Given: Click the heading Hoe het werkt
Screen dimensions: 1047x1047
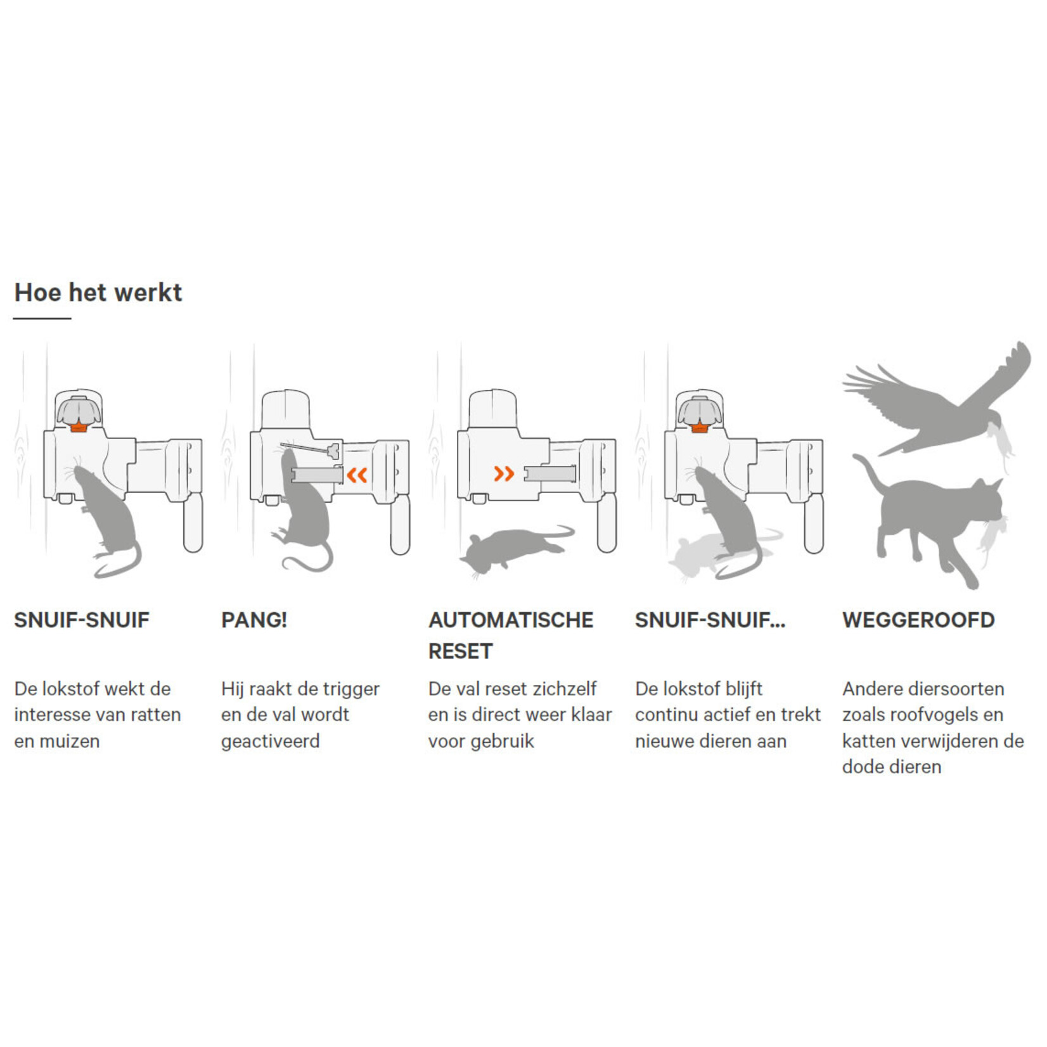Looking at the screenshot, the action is tap(98, 293).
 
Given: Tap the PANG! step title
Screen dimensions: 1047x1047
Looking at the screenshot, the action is tap(254, 620).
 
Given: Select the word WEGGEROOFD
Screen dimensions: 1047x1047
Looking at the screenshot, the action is tap(918, 620).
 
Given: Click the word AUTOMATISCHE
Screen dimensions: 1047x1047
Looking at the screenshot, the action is tap(511, 620).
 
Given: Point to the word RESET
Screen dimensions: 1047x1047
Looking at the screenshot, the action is tap(460, 651).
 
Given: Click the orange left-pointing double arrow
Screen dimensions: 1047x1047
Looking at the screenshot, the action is tap(357, 474).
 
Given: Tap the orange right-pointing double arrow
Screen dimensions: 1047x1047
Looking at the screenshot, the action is tap(504, 473).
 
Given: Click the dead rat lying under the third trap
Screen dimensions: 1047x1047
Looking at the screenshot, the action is tap(517, 548).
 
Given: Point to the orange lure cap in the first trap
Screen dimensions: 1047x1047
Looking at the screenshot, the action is tap(79, 425).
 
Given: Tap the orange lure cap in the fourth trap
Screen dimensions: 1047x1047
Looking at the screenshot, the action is tap(699, 425).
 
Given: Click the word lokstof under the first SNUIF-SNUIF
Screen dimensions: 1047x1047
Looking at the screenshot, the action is tap(72, 689).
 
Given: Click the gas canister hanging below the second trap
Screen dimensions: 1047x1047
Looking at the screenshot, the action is tap(400, 524).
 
